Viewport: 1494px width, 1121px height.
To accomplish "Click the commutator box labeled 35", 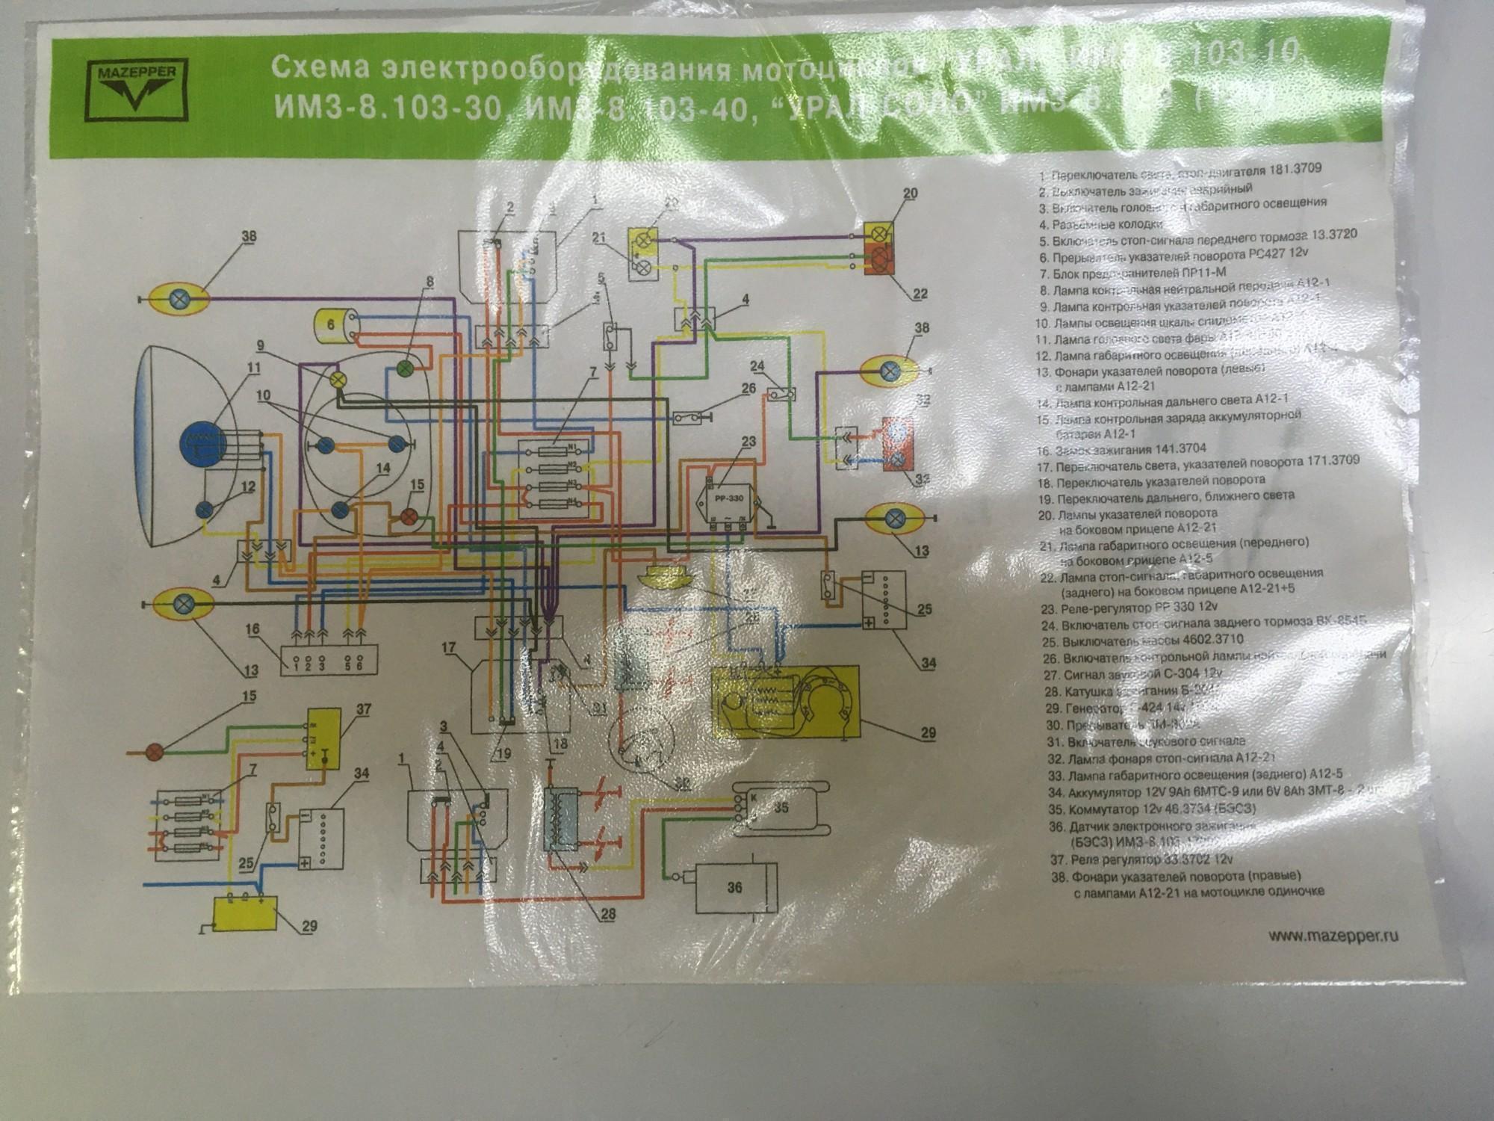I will point(780,809).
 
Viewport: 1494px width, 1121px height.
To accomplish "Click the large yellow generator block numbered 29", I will point(787,701).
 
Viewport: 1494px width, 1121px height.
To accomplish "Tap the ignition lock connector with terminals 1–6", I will point(329,658).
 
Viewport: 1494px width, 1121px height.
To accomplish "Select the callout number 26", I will point(749,389).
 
